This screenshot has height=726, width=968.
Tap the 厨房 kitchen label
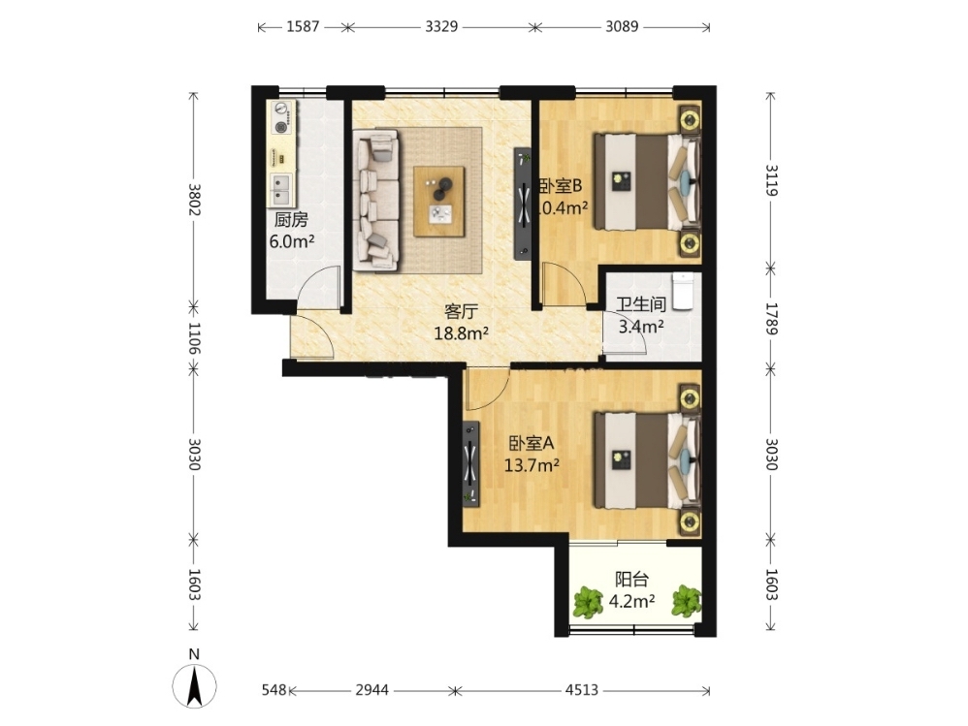point(291,220)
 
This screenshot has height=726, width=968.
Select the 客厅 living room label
point(461,311)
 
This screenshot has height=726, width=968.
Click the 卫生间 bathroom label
point(641,304)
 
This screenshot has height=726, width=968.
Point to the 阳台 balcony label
point(631,580)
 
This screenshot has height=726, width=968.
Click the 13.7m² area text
point(532,465)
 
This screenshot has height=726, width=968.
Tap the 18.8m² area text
point(461,333)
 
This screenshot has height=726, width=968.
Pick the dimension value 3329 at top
point(441,26)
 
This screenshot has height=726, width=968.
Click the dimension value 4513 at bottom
point(582,689)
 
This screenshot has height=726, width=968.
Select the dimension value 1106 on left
point(194,338)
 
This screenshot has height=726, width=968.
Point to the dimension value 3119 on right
point(771,180)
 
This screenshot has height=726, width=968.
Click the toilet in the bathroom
point(683,291)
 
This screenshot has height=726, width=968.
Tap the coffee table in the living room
point(439,201)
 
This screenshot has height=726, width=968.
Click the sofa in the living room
point(376,200)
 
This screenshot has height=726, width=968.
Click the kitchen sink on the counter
point(281,189)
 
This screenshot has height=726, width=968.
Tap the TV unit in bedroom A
point(471,464)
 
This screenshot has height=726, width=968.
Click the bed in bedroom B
point(647,182)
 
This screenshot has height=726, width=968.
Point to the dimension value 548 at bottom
point(274,689)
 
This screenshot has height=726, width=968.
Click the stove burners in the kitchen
point(281,118)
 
